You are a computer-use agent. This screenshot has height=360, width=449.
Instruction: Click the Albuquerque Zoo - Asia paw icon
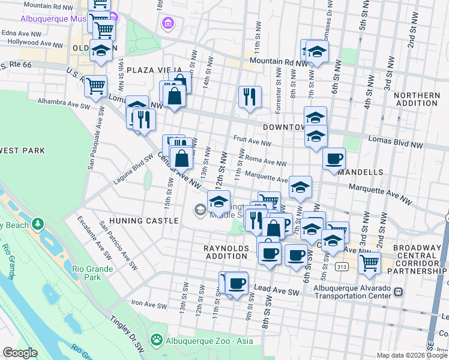pyautogui.click(x=157, y=341)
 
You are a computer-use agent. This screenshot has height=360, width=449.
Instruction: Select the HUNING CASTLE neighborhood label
pyautogui.click(x=144, y=221)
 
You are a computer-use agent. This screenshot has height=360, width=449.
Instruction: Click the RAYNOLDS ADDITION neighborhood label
pyautogui.click(x=228, y=252)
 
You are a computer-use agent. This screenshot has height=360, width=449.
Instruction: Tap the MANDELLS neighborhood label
pyautogui.click(x=360, y=172)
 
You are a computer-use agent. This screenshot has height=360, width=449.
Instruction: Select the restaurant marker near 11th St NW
pyautogui.click(x=249, y=96)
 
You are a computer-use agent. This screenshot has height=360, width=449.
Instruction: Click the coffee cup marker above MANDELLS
pyautogui.click(x=334, y=159)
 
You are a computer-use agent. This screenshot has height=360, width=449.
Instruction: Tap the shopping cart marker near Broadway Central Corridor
pyautogui.click(x=369, y=262)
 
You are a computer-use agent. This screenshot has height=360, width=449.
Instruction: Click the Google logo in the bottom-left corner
pyautogui.click(x=20, y=353)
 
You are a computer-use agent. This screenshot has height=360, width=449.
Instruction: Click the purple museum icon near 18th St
pyautogui.click(x=168, y=23)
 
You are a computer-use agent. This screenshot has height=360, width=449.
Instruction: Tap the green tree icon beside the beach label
pyautogui.click(x=38, y=224)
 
